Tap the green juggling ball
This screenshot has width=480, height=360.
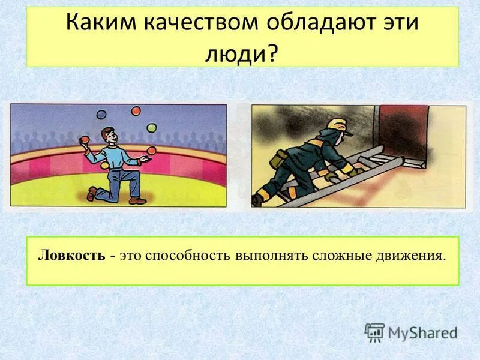point(152,128)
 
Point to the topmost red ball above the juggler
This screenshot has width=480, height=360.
point(136,111)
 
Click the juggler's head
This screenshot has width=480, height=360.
point(108,134)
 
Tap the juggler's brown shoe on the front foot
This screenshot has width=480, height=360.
point(92,193)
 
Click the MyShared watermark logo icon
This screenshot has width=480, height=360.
point(374,332)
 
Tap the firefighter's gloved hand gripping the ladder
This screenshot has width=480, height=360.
point(355,171)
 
